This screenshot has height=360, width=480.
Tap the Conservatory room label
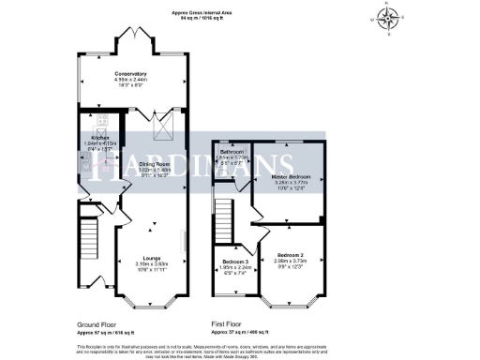pos(130,73)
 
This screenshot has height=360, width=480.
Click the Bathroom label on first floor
pos(232,151)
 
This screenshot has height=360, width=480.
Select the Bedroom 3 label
pos(234,262)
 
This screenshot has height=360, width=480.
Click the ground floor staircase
pos(90,239)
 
